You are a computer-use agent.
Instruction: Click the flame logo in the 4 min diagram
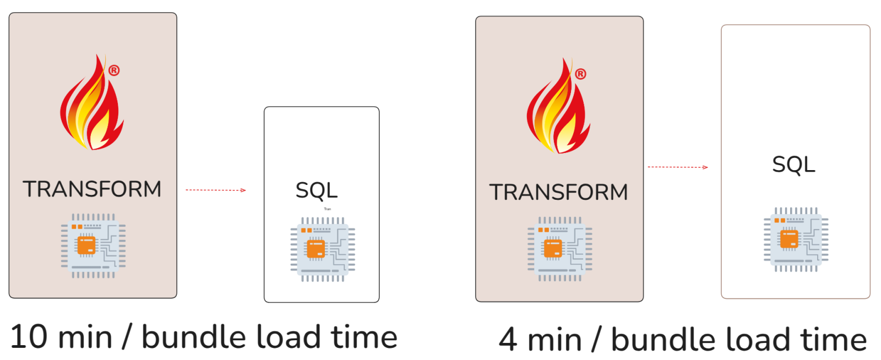click(558, 108)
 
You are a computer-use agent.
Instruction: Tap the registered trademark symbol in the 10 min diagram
click(114, 70)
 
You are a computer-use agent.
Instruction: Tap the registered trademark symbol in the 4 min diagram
click(580, 74)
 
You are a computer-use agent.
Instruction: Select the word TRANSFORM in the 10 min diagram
click(92, 189)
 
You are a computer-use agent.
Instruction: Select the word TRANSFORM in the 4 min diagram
click(558, 193)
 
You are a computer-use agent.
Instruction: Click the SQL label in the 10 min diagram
click(317, 190)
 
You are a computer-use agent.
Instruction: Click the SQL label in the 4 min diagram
click(793, 165)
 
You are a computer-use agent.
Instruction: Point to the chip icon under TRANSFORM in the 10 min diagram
click(93, 246)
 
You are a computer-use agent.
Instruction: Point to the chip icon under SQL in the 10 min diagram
click(323, 249)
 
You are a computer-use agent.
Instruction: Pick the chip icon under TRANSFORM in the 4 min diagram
click(559, 249)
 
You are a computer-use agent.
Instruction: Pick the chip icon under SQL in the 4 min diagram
click(796, 239)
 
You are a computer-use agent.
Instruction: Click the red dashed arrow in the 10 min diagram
click(215, 190)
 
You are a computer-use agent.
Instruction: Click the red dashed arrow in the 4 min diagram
click(677, 167)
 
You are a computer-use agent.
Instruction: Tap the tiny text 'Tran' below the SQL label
click(328, 209)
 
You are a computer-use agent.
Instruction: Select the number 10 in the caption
click(29, 337)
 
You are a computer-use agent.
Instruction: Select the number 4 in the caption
click(508, 340)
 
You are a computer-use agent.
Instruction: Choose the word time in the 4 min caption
click(833, 340)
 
